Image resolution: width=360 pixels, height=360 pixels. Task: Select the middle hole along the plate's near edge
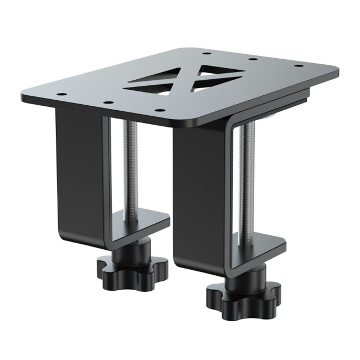[x=109, y=102]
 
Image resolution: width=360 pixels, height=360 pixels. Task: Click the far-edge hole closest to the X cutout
[x=206, y=53]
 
